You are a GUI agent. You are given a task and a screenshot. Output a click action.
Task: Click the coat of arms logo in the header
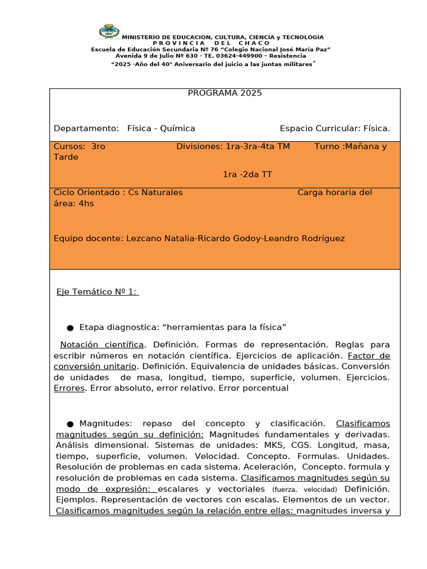[109, 33]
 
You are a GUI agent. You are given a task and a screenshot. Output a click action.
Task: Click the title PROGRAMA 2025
[225, 93]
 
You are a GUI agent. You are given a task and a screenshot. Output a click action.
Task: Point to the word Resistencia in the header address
[287, 56]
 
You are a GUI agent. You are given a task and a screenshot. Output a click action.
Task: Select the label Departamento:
[86, 129]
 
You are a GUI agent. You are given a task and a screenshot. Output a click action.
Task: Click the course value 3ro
[98, 147]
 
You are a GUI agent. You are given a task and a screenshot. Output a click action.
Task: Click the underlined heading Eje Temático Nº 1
[97, 292]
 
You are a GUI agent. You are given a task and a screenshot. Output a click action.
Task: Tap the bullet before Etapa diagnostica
[71, 327]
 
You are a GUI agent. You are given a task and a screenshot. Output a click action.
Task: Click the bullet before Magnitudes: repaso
[71, 424]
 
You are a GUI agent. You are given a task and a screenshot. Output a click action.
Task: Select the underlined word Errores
[69, 388]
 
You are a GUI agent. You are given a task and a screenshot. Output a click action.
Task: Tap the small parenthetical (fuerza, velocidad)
[305, 490]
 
